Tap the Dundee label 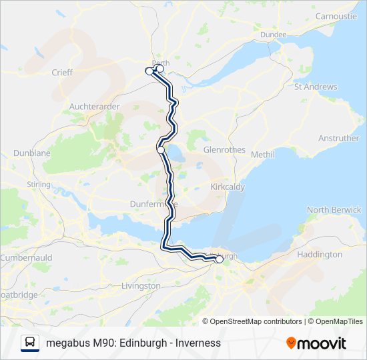274,35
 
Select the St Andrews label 315,87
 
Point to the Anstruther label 338,139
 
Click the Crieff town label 61,72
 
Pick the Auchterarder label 94,106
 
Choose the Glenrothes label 224,150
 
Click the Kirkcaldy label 228,187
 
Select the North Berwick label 334,210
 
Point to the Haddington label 319,255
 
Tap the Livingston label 141,286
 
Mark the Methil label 263,155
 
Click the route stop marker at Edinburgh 220,259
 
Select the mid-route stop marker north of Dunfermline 161,150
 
